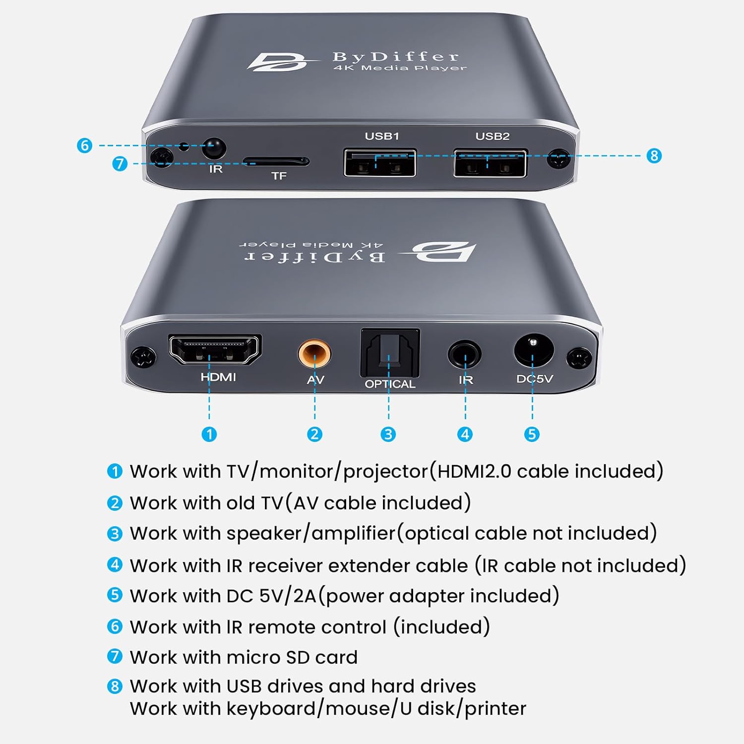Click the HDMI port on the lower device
(215, 350)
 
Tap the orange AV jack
(314, 354)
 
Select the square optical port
(390, 353)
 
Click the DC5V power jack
(533, 349)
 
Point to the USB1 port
(380, 163)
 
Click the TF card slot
(276, 162)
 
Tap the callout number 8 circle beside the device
(654, 156)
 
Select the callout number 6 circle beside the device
(85, 145)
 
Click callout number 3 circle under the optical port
(388, 434)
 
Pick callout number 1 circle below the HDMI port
(209, 434)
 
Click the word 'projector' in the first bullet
(385, 472)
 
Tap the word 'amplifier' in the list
(353, 534)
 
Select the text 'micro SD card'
(292, 657)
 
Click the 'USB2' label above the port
(492, 136)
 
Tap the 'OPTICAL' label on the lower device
(390, 384)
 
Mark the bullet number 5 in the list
(115, 595)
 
